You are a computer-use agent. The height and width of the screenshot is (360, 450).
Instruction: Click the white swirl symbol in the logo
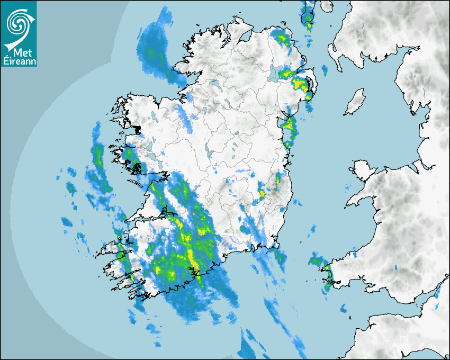click(x=17, y=23)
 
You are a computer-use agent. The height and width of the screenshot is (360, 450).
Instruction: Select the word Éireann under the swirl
click(x=19, y=61)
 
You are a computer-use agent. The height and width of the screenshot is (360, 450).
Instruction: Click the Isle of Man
click(x=355, y=102)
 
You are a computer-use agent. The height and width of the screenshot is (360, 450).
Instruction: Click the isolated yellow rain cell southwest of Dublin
click(x=262, y=193)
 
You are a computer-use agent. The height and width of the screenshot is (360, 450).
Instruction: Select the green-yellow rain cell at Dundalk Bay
click(x=289, y=124)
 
